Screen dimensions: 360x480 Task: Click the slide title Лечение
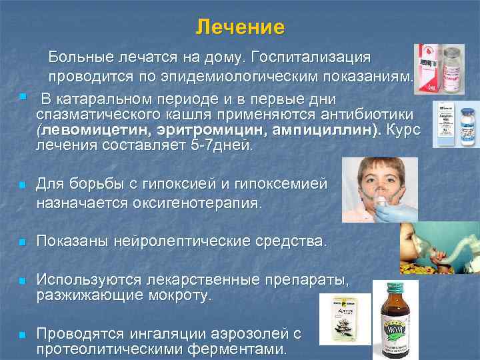(x=240, y=28)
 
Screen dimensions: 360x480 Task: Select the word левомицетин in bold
(x=89, y=130)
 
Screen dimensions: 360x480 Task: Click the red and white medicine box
(x=429, y=69)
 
